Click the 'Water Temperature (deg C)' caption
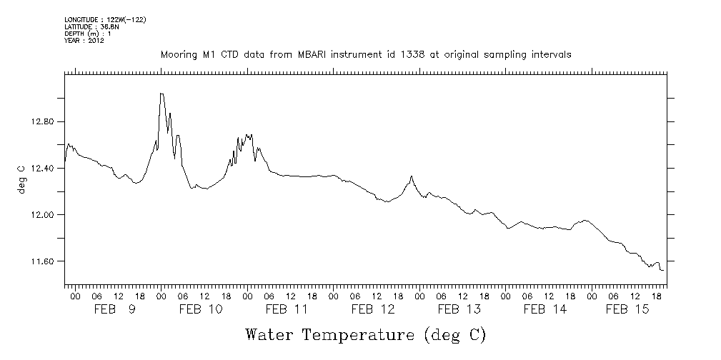(366, 334)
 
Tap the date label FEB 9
(115, 309)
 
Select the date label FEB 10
(201, 309)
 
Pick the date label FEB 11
(287, 309)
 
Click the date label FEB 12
(373, 309)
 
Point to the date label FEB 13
(459, 309)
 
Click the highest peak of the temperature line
(161, 94)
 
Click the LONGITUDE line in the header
(105, 19)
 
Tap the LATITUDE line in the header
(91, 26)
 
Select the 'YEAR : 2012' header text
(84, 40)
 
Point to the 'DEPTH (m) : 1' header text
(87, 34)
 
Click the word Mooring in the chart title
(177, 55)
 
